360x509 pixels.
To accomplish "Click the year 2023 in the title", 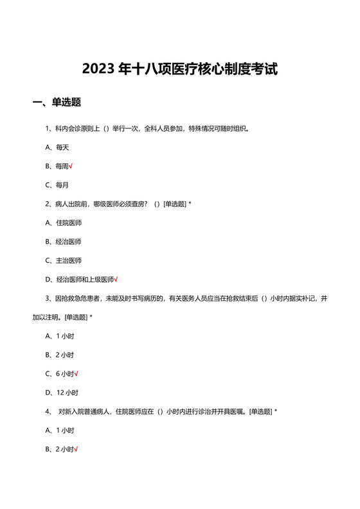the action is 97,69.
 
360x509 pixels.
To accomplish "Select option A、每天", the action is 57,147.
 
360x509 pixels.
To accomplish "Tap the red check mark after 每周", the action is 71,166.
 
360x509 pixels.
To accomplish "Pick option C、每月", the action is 57,185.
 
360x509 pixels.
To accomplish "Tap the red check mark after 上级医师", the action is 116,280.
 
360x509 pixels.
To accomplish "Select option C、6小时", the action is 59,373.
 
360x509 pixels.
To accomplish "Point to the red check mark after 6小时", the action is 76,373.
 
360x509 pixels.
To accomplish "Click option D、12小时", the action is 61,393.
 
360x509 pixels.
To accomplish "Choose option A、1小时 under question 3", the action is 59,335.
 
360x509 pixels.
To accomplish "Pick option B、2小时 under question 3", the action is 59,355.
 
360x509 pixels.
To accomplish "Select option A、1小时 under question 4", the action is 59,430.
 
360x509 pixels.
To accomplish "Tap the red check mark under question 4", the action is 76,449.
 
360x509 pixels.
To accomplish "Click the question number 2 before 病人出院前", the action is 47,204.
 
